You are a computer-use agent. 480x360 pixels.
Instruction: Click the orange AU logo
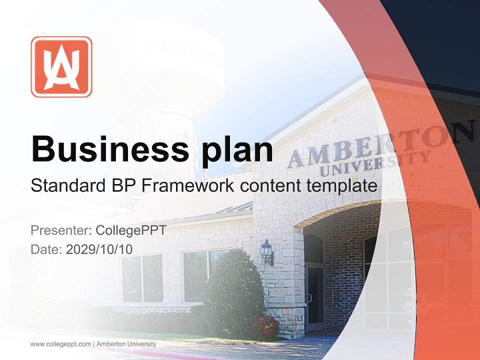pyautogui.click(x=61, y=66)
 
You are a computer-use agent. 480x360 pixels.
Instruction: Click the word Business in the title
pyautogui.click(x=110, y=149)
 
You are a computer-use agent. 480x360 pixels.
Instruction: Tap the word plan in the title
pyautogui.click(x=237, y=151)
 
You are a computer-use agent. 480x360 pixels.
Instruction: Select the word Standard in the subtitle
pyautogui.click(x=68, y=185)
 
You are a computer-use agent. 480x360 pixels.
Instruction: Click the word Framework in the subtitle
pyautogui.click(x=187, y=185)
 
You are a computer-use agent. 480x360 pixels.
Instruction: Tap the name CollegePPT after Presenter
pyautogui.click(x=131, y=230)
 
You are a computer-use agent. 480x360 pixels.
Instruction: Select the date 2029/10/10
pyautogui.click(x=99, y=249)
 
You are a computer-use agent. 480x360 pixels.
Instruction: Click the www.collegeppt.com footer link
pyautogui.click(x=60, y=344)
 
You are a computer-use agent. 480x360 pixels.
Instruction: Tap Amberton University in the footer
pyautogui.click(x=126, y=344)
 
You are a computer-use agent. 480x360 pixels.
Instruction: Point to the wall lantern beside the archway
pyautogui.click(x=267, y=252)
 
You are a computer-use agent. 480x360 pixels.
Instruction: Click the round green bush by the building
pyautogui.click(x=234, y=293)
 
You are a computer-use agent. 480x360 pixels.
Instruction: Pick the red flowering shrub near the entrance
pyautogui.click(x=265, y=327)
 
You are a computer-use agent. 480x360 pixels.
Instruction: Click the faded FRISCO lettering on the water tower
pyautogui.click(x=183, y=54)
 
